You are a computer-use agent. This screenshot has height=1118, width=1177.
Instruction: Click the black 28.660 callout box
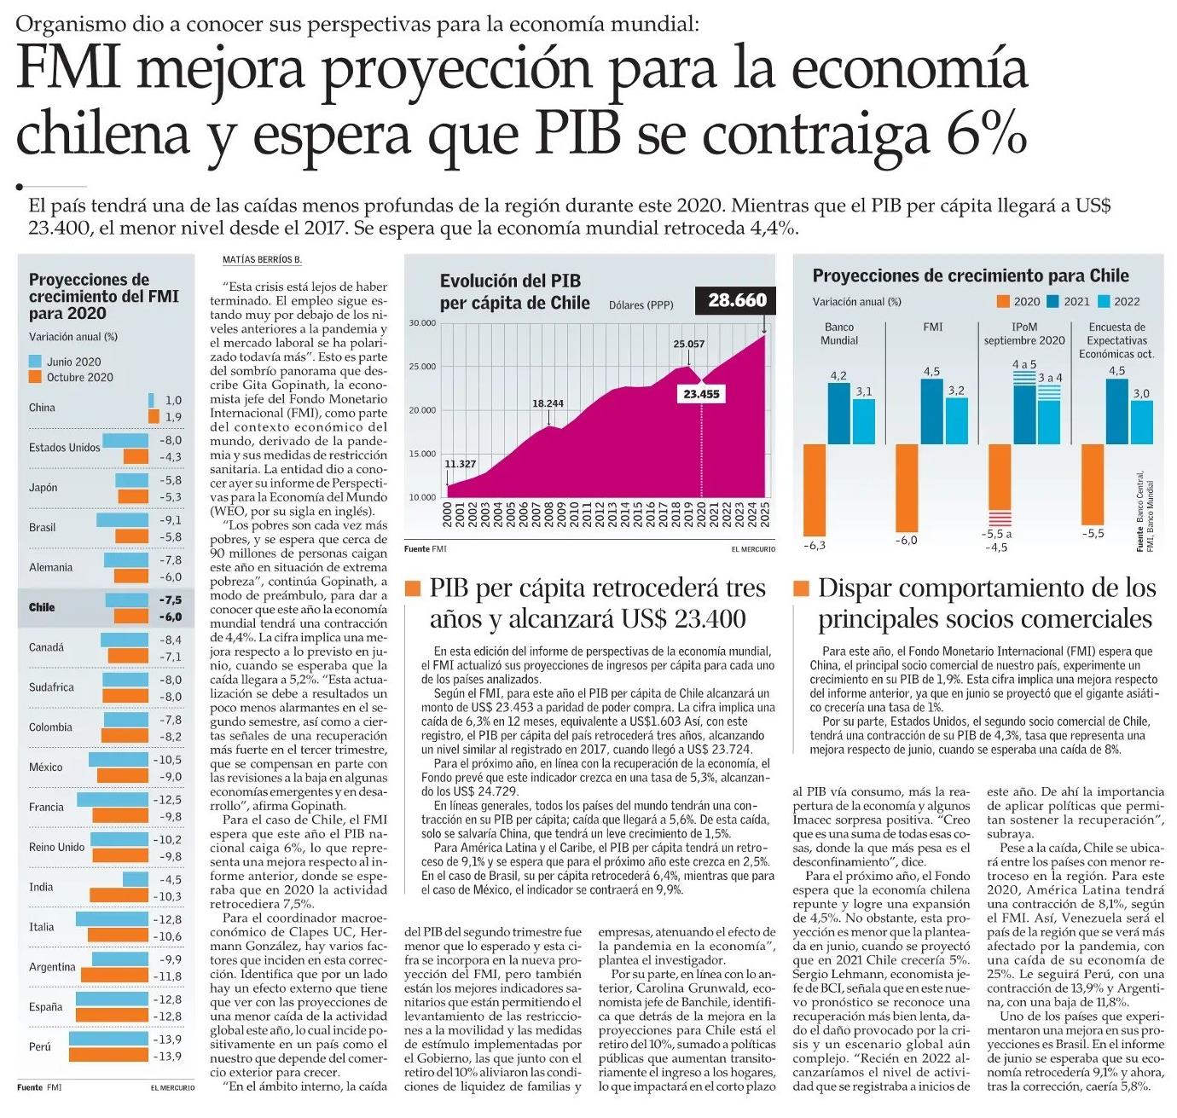(x=737, y=300)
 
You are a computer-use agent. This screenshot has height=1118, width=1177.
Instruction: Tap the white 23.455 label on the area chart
(x=701, y=394)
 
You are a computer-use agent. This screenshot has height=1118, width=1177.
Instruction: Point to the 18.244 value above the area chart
(x=548, y=403)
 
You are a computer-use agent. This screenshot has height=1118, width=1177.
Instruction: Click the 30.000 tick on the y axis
(x=422, y=323)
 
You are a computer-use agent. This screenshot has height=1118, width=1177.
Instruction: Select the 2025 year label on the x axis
(x=765, y=515)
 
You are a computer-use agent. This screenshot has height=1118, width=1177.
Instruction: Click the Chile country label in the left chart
(x=42, y=607)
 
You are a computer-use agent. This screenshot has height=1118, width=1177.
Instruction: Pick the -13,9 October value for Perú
(x=170, y=1057)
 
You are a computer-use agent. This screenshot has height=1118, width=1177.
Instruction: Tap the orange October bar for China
(x=154, y=416)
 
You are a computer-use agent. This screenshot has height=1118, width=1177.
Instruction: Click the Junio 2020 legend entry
(x=73, y=362)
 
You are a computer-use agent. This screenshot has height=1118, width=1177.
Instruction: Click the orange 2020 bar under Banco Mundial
(x=815, y=489)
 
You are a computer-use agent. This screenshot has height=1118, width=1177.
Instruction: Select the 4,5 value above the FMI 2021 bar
(x=931, y=371)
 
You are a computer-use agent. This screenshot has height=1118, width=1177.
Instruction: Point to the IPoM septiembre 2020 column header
(x=1024, y=333)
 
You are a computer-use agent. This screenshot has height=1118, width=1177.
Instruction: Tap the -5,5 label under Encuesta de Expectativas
(x=1093, y=533)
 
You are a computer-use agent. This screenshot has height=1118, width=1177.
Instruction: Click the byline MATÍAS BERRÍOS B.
(x=262, y=259)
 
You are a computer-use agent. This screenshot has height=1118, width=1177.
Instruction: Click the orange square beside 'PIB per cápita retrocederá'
(x=413, y=588)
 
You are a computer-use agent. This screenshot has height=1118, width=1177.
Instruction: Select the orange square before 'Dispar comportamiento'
(x=801, y=588)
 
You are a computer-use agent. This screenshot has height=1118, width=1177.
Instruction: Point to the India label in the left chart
(x=41, y=887)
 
